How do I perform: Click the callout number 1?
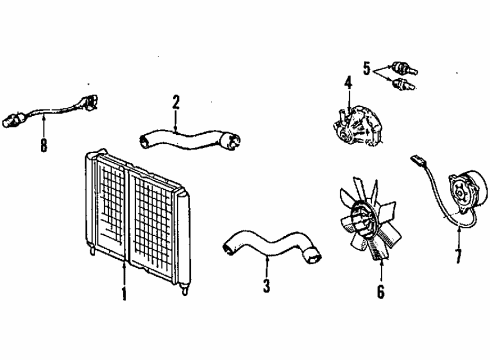pyautogui.click(x=123, y=296)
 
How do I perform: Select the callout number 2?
pyautogui.click(x=176, y=101)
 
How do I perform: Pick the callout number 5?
pyautogui.click(x=367, y=68)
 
